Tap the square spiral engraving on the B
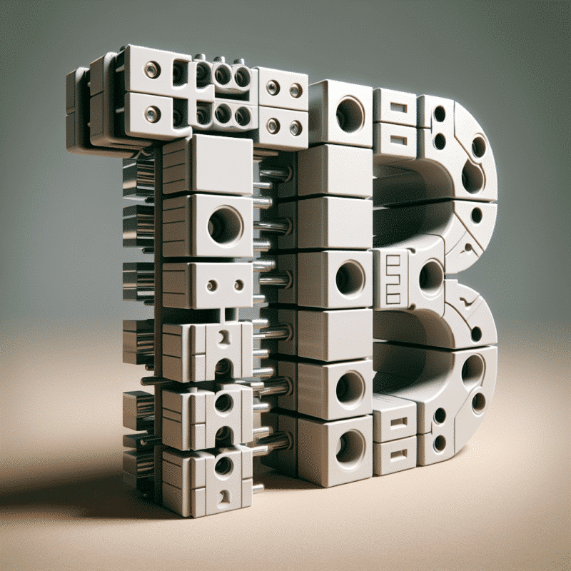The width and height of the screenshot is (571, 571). (x=394, y=279)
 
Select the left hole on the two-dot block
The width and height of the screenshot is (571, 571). (x=212, y=285)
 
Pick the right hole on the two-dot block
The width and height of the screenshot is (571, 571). (x=239, y=285)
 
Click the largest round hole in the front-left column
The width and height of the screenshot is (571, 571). (x=226, y=225)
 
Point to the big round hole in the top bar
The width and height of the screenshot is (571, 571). (x=350, y=114)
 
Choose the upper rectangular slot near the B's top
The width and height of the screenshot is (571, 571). (x=398, y=108)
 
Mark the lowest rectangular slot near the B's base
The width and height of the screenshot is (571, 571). (x=399, y=455)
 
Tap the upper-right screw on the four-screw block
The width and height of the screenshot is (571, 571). (x=295, y=90)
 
